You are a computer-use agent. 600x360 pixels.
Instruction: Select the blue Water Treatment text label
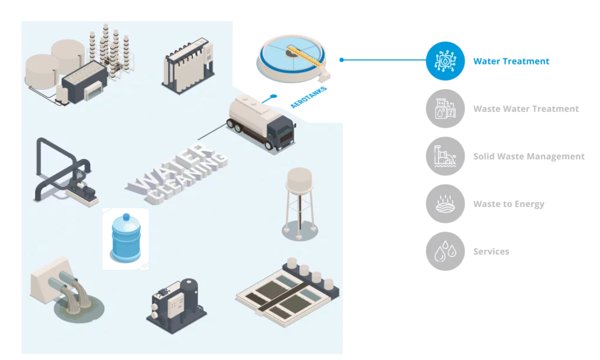pos(512,60)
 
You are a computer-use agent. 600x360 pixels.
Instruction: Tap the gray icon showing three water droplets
pos(445,252)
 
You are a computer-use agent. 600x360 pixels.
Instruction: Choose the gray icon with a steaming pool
pos(445,205)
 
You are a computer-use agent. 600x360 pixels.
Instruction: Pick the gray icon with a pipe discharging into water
pos(445,157)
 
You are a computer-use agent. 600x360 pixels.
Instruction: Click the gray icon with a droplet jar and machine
pos(445,109)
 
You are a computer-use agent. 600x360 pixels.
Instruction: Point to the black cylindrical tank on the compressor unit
pos(190,290)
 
